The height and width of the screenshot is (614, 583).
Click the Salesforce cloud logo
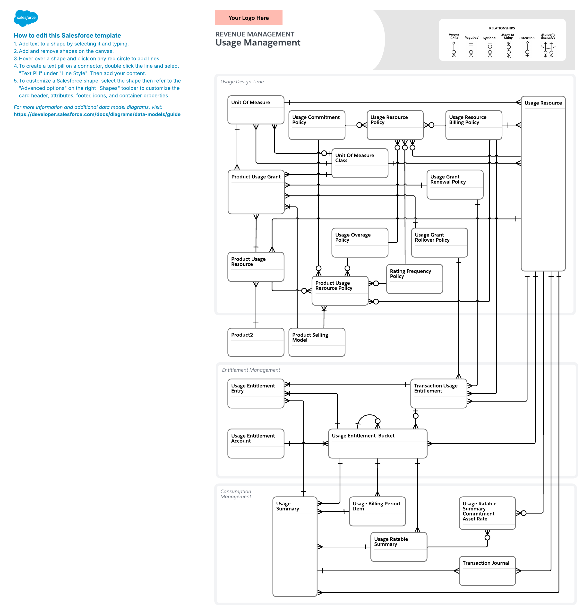pyautogui.click(x=26, y=18)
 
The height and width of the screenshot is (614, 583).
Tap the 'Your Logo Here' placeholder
pyautogui.click(x=248, y=18)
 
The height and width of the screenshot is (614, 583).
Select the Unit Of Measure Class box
pyautogui.click(x=360, y=163)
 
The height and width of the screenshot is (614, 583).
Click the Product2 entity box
pyautogui.click(x=256, y=342)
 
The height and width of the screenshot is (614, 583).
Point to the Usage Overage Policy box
pyautogui.click(x=360, y=243)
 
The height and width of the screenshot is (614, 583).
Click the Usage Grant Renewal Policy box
pyautogui.click(x=455, y=184)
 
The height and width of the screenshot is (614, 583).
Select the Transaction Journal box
pyautogui.click(x=487, y=570)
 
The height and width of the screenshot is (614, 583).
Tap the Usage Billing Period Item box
pyautogui.click(x=377, y=511)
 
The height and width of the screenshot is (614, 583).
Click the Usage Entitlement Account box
pyautogui.click(x=256, y=443)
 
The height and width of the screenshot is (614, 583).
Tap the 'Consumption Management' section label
pyautogui.click(x=236, y=494)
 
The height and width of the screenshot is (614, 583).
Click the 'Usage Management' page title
pyautogui.click(x=258, y=43)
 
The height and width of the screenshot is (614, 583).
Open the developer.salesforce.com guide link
pyautogui.click(x=97, y=114)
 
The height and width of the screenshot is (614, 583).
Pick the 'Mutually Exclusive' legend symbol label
pyautogui.click(x=548, y=36)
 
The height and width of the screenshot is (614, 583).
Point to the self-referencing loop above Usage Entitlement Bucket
pyautogui.click(x=368, y=417)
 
